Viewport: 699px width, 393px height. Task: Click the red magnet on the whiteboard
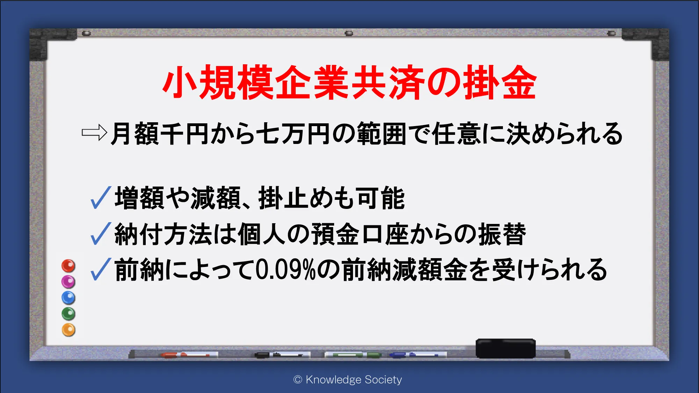tap(69, 266)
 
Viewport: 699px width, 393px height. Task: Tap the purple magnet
tap(69, 282)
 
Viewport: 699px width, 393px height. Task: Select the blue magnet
tap(69, 298)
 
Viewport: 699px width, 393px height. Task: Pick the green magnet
tap(69, 314)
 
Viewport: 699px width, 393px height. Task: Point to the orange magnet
tap(69, 330)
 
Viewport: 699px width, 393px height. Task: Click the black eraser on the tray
tap(506, 348)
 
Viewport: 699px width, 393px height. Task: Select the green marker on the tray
tap(353, 355)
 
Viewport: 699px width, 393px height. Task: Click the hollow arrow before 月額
tap(94, 133)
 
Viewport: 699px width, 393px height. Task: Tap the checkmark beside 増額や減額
tap(101, 197)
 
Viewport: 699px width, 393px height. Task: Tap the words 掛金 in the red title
tap(500, 82)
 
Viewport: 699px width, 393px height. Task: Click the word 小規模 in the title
tap(217, 82)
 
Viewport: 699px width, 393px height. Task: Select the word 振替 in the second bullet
tap(502, 234)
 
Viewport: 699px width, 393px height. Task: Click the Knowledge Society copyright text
tap(348, 379)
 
